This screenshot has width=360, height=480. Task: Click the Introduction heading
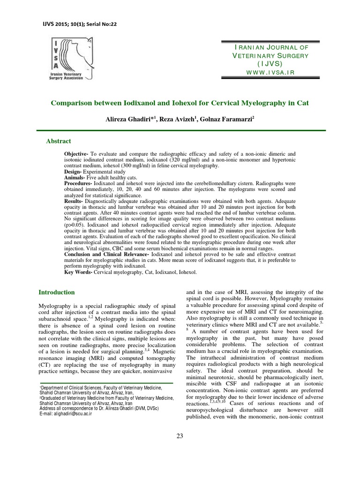(56, 292)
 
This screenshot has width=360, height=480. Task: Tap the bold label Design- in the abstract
(74, 172)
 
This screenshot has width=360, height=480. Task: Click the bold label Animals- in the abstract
(75, 178)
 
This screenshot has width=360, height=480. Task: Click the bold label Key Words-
(79, 272)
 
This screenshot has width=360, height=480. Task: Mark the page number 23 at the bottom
(180, 436)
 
